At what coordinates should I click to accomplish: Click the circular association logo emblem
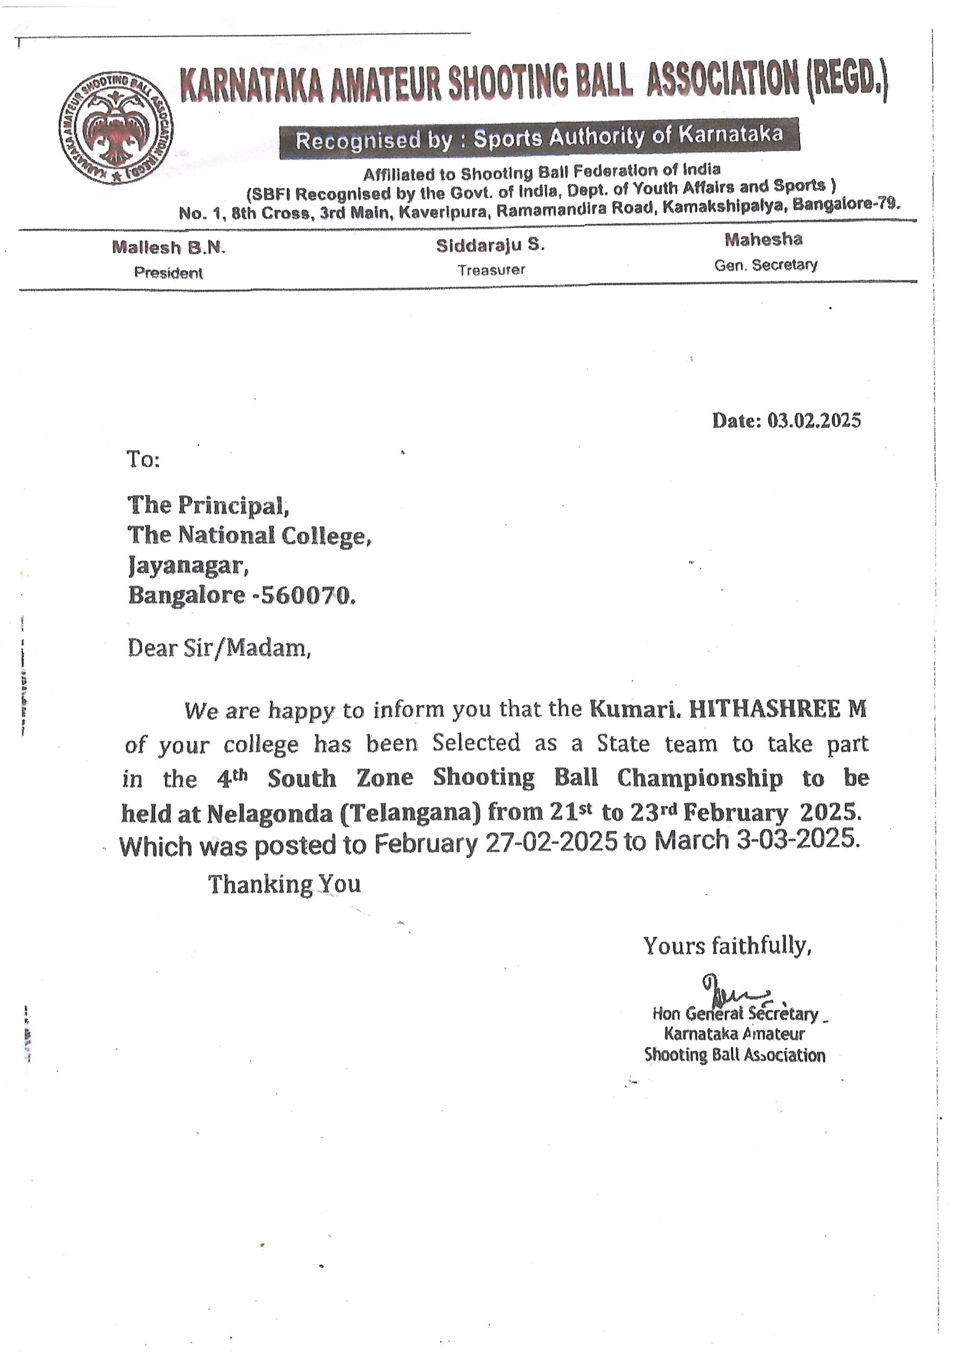click(116, 127)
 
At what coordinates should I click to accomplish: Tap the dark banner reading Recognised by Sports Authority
click(539, 138)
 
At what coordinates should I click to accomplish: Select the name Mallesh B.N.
click(169, 247)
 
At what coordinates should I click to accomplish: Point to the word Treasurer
click(491, 270)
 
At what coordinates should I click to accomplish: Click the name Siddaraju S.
click(490, 245)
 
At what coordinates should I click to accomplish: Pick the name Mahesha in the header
click(763, 239)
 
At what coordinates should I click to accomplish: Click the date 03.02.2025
click(814, 420)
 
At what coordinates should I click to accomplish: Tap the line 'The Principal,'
click(208, 506)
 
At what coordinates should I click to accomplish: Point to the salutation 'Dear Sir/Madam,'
click(219, 648)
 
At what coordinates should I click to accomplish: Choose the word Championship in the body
click(699, 777)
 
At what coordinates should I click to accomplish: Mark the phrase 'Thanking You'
click(284, 884)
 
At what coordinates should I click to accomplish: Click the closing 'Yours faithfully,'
click(727, 946)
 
